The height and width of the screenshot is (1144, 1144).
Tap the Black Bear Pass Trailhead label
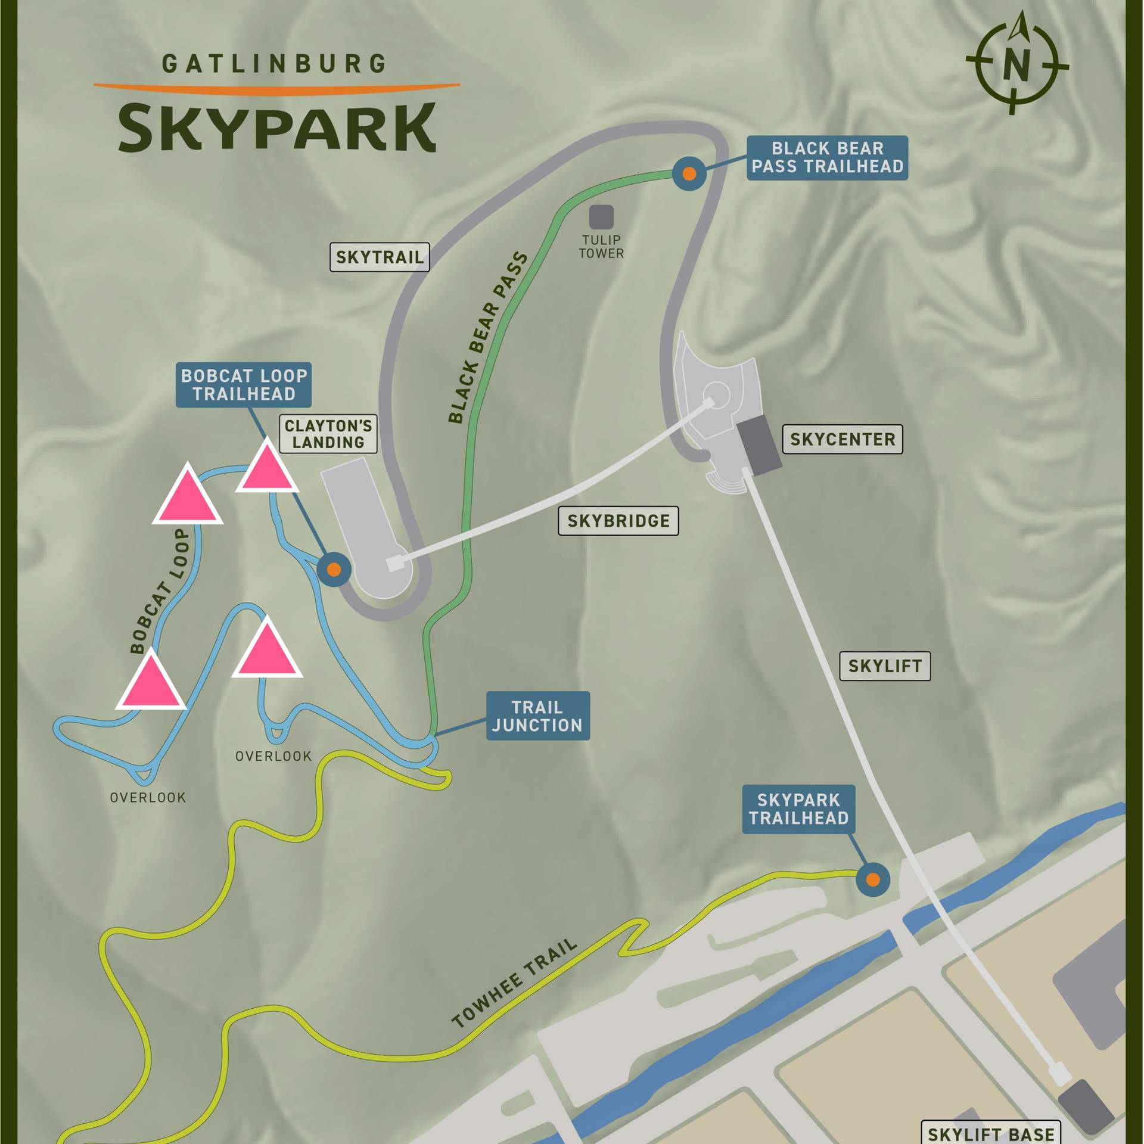click(x=827, y=157)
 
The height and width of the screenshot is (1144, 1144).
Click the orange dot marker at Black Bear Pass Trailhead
click(x=689, y=173)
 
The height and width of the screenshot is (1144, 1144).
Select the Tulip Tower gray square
click(x=601, y=217)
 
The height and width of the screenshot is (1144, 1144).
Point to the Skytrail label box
click(x=380, y=257)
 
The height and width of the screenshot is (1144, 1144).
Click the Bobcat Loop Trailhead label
click(x=244, y=385)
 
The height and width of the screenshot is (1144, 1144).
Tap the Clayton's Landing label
click(x=328, y=434)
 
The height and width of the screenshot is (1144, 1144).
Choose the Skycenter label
click(x=842, y=439)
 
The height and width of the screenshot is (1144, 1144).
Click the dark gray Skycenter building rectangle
click(x=759, y=445)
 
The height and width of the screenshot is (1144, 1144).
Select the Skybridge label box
click(x=618, y=521)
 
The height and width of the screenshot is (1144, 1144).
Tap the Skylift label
click(x=885, y=666)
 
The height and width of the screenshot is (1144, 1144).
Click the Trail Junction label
click(x=537, y=716)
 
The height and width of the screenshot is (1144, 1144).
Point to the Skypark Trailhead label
click(x=798, y=809)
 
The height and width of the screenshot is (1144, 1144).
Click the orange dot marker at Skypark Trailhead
click(x=872, y=879)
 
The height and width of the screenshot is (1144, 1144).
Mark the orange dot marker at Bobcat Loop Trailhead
click(x=334, y=570)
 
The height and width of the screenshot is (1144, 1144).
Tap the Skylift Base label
click(x=991, y=1133)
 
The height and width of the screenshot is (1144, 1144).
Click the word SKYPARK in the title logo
click(x=277, y=128)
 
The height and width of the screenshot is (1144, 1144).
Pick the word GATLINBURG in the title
click(x=275, y=64)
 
